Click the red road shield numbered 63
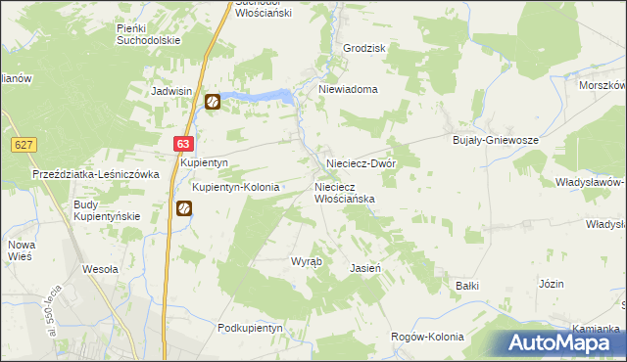point(185,143)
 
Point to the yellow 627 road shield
point(25,145)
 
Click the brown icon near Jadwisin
point(213,101)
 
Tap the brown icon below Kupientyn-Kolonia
point(183,208)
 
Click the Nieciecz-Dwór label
point(360,163)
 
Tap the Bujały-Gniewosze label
point(497,140)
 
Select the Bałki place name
point(466,286)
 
